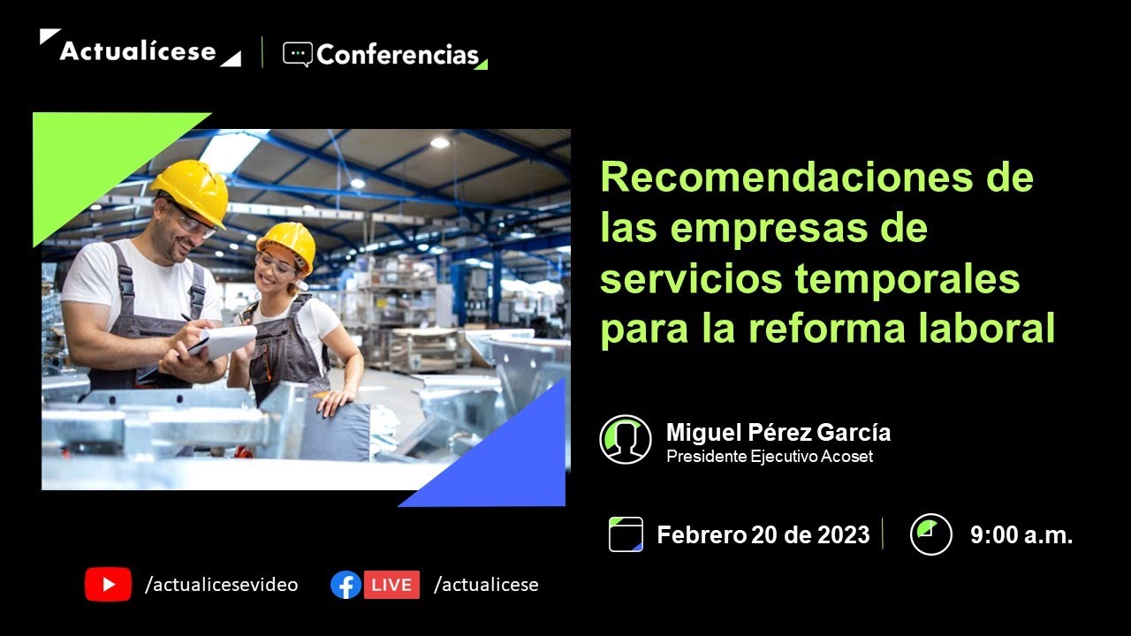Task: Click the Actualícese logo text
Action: click(138, 51)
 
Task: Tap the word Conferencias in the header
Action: click(397, 56)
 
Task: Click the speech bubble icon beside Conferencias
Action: click(297, 55)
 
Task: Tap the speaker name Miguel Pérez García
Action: click(778, 433)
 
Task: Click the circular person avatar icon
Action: click(626, 439)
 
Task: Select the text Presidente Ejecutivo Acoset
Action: click(770, 457)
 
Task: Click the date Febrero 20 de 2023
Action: click(763, 534)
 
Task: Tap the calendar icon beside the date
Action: click(626, 534)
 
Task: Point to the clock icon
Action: click(930, 534)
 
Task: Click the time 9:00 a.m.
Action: click(1021, 534)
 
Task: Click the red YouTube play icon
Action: click(108, 585)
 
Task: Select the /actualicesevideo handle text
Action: click(221, 585)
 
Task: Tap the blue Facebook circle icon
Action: click(345, 585)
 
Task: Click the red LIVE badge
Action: click(391, 585)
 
